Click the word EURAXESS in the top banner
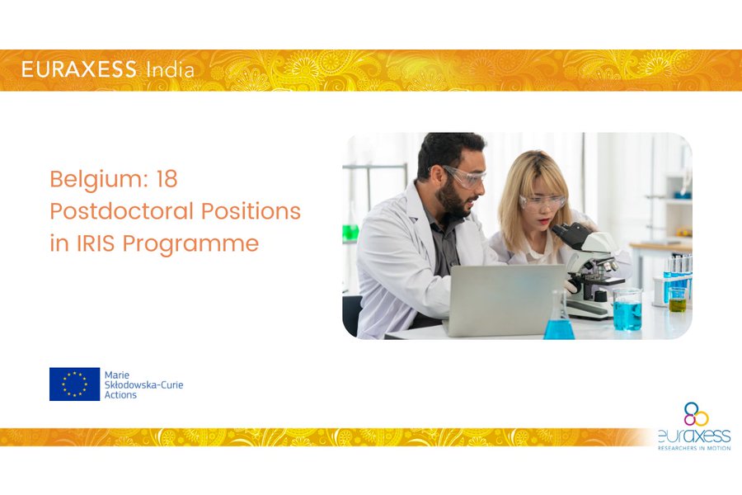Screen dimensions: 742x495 (78, 69)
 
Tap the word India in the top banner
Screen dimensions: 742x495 (171, 70)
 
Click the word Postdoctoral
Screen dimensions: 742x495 (122, 211)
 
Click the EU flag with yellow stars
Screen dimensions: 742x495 (75, 384)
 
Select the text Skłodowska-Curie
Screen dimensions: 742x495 (143, 384)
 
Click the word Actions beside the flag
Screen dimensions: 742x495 (120, 394)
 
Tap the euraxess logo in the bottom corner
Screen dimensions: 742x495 (694, 426)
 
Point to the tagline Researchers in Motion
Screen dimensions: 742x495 (694, 448)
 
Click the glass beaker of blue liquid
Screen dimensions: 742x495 (627, 310)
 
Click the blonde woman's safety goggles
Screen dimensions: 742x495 (542, 202)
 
